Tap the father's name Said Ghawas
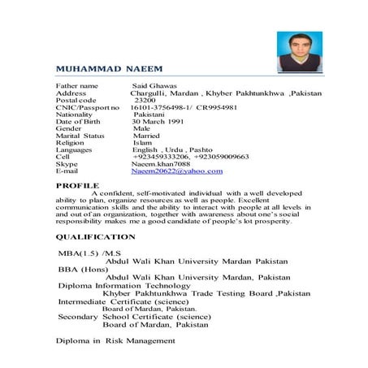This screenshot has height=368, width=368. click(x=155, y=84)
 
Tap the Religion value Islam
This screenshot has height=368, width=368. click(x=142, y=143)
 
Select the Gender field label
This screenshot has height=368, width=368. click(x=68, y=128)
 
